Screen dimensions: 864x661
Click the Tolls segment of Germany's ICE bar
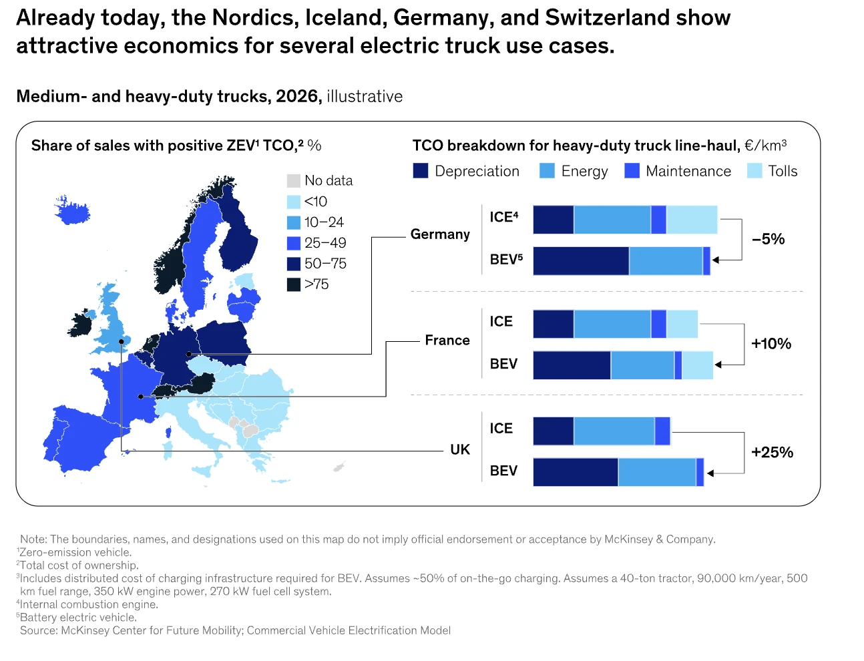[692, 220]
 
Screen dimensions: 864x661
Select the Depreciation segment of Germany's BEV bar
[581, 261]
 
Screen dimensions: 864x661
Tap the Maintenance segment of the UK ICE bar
[662, 431]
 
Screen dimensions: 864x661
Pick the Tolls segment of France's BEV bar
[698, 365]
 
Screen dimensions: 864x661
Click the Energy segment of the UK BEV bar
[657, 472]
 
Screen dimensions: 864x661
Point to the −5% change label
[768, 239]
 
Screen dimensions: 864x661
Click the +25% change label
[772, 452]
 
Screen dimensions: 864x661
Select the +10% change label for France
[771, 343]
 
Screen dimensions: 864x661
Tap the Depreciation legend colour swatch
[421, 171]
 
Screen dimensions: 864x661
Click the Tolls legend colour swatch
[754, 171]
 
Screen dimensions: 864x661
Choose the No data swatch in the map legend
[294, 181]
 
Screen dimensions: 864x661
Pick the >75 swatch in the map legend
[294, 284]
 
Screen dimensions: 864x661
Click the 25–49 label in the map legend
[325, 243]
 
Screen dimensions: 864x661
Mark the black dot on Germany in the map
[189, 354]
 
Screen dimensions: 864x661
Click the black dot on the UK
[122, 342]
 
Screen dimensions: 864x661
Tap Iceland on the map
[72, 210]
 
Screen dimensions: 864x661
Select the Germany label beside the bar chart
[440, 234]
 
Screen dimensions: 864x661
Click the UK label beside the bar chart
[460, 449]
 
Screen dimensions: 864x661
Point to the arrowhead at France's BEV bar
[718, 365]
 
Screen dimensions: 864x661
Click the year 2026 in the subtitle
[297, 96]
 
